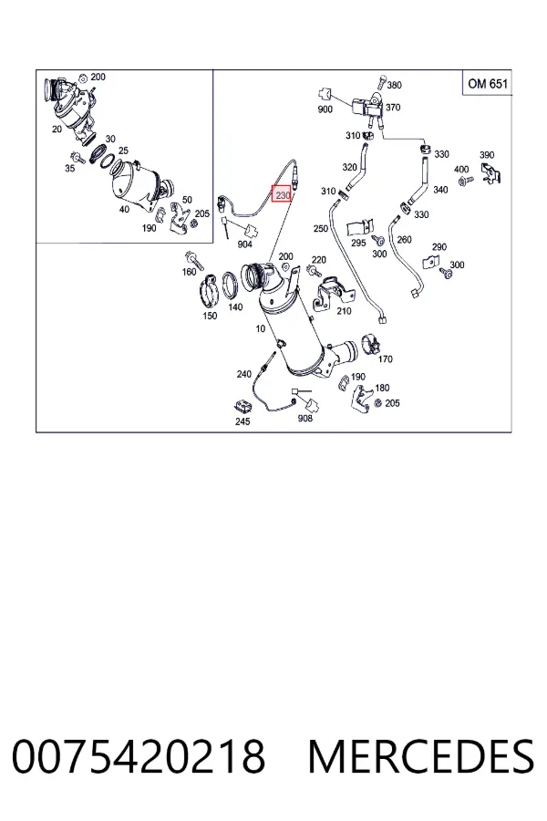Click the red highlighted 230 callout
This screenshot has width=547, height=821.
pos(282,195)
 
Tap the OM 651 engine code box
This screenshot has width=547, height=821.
pos(488,83)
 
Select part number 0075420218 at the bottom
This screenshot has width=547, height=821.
pos(139,756)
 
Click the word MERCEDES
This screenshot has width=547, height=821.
pos(421,756)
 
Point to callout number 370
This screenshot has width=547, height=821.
pos(393,108)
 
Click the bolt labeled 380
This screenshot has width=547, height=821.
pos(380,84)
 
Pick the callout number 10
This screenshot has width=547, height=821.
pos(260,328)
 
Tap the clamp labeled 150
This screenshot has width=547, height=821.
pos(209,291)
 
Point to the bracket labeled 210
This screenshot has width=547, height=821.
pos(332,294)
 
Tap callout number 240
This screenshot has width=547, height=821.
pos(244,374)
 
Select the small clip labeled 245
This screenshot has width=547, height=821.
pos(242,406)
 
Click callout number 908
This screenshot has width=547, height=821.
pos(304,418)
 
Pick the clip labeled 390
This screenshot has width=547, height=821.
pos(491,173)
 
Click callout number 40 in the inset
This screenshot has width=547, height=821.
pos(124,210)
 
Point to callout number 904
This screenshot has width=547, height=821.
pos(244,244)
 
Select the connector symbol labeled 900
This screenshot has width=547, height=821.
pos(325,94)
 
